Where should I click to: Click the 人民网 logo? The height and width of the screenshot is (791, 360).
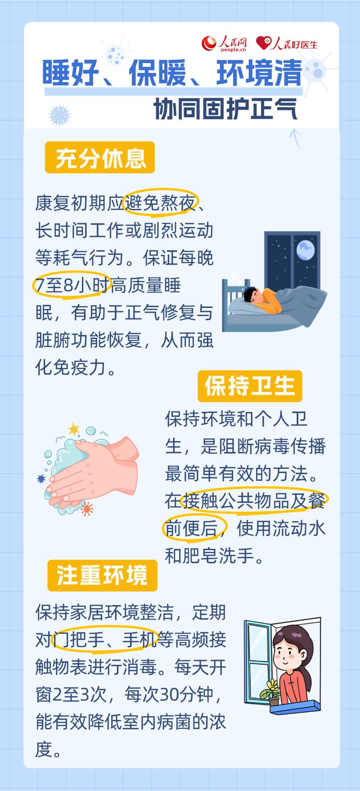click(x=225, y=44)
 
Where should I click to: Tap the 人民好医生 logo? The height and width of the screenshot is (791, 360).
click(x=287, y=44)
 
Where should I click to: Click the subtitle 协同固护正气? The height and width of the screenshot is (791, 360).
click(x=225, y=108)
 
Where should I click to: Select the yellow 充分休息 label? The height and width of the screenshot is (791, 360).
click(x=100, y=158)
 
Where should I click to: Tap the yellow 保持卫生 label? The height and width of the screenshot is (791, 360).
click(x=250, y=386)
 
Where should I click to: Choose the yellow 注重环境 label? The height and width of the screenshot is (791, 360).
click(x=102, y=575)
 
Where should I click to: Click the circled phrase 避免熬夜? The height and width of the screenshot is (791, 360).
click(x=161, y=204)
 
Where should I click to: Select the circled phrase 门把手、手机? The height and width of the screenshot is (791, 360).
click(x=104, y=639)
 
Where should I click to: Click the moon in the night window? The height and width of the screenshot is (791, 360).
click(x=305, y=250)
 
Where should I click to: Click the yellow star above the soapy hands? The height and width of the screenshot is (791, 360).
click(x=73, y=428)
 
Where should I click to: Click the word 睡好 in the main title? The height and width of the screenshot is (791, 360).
click(x=71, y=74)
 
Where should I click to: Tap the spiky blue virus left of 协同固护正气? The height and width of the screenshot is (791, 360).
click(x=60, y=114)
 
